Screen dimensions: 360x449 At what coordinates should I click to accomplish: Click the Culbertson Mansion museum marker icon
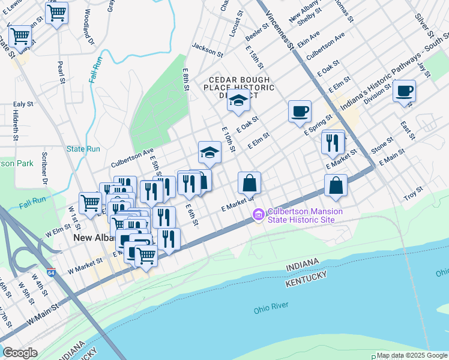click(x=259, y=214)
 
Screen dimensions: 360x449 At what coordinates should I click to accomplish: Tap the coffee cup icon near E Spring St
click(x=300, y=111)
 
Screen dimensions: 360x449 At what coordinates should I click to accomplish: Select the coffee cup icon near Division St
click(x=404, y=91)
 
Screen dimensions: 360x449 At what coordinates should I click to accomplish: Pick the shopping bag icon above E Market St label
click(x=249, y=183)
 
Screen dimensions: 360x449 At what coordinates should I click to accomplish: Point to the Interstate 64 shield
click(x=52, y=272)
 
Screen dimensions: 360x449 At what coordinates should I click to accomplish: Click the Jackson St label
click(x=208, y=49)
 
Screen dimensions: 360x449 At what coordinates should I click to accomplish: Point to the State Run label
click(x=83, y=149)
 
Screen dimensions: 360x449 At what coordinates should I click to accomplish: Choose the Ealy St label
click(x=23, y=104)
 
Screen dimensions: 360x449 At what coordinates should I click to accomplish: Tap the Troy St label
click(x=414, y=196)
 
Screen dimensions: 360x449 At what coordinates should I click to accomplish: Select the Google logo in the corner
click(x=20, y=353)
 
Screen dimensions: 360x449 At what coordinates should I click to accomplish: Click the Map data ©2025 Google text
click(x=412, y=355)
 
